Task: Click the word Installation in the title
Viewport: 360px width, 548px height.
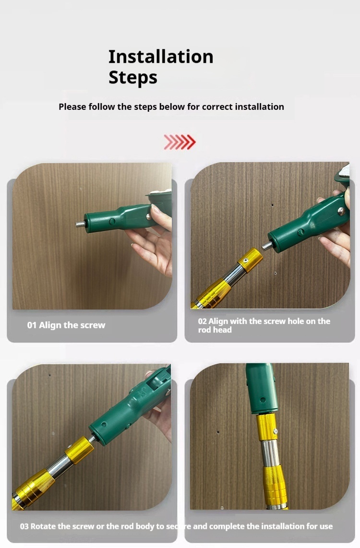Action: click(x=161, y=57)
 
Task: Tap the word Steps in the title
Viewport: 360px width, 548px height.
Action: click(x=133, y=78)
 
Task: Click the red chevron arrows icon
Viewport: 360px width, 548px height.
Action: click(x=180, y=142)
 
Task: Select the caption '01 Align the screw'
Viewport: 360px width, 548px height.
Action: click(x=66, y=325)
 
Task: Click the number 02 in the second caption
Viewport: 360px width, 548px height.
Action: click(x=203, y=321)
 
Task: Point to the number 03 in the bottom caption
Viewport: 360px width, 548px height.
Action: click(x=24, y=526)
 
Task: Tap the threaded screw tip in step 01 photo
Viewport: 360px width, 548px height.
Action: click(x=80, y=224)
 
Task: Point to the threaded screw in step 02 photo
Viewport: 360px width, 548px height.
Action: click(x=267, y=245)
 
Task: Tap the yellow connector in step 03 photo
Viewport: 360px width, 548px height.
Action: click(x=79, y=450)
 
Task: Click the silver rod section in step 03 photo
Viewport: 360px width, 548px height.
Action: click(x=60, y=466)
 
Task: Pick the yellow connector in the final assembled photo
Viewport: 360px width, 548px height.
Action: click(x=267, y=428)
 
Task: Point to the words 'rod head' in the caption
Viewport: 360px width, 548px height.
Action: click(x=215, y=330)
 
